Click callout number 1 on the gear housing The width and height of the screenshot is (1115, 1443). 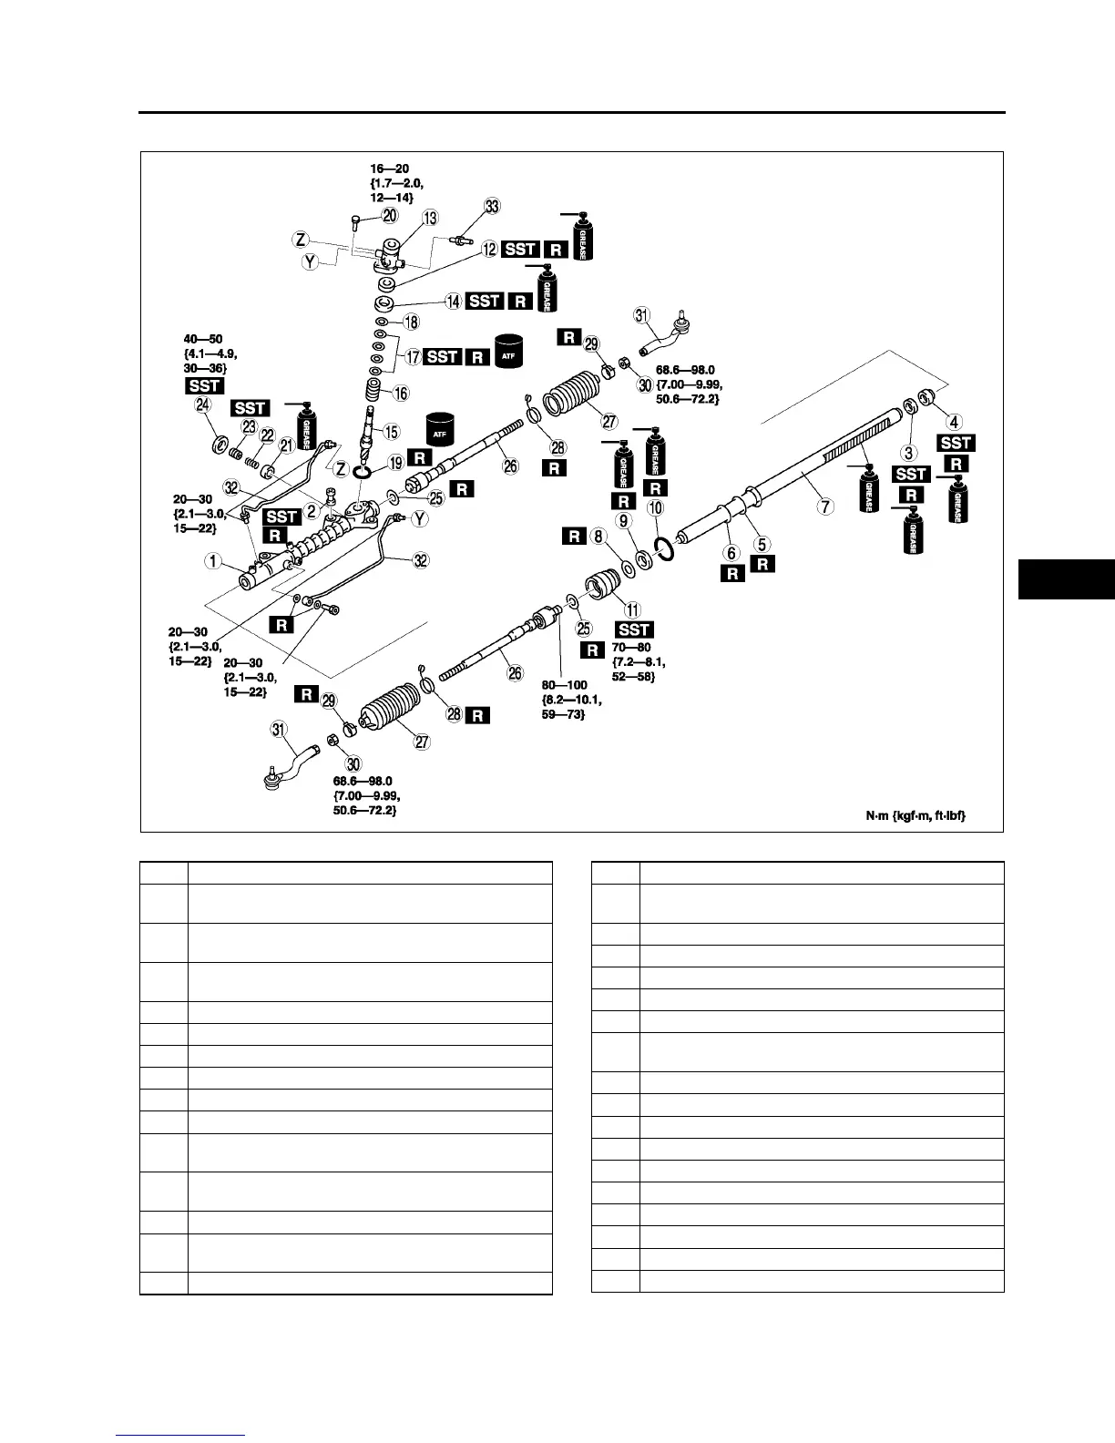coord(212,561)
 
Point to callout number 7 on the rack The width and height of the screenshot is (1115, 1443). coord(825,507)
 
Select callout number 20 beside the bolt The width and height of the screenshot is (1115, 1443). coord(390,216)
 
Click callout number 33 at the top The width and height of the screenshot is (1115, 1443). coord(492,207)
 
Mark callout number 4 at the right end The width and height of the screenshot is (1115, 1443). coord(953,422)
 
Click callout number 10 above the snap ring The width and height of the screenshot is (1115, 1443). coord(655,508)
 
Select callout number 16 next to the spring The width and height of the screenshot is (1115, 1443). coord(401,394)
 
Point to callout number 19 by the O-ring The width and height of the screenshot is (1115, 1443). coord(395,463)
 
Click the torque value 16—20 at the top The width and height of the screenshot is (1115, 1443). coord(391,169)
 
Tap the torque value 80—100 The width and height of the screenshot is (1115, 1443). coord(565,684)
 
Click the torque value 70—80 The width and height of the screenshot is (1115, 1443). coord(631,647)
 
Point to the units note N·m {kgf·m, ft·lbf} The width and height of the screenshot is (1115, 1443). coord(915,816)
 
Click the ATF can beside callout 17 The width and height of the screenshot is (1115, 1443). coord(511,351)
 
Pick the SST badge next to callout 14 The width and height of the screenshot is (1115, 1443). coord(484,301)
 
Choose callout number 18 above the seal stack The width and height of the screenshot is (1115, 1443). coord(412,322)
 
